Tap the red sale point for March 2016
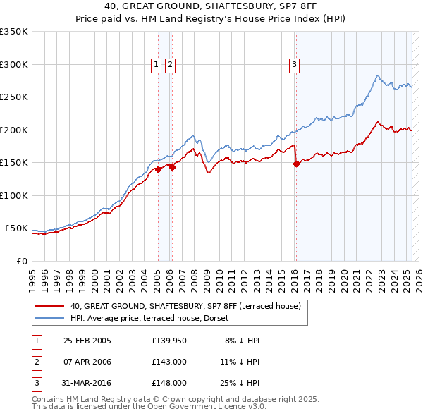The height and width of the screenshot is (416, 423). pos(295,164)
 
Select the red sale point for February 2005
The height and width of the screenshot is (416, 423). pos(158,169)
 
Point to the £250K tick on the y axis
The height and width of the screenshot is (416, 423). pos(14,97)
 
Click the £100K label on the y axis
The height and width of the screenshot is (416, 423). pos(14,195)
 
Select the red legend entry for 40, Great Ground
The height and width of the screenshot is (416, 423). pos(185,306)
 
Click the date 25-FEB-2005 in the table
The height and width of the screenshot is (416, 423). pos(87,341)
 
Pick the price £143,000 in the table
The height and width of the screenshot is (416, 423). pos(169,362)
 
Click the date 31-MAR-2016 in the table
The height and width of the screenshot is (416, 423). pos(87,383)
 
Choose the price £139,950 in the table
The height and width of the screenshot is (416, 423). pos(169,341)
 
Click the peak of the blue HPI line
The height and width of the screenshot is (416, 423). pos(378,75)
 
